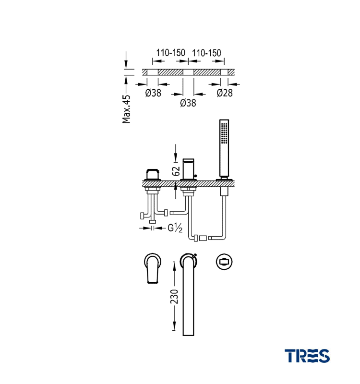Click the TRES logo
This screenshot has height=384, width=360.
point(307,356)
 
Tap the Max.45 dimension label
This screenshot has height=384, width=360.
point(126,109)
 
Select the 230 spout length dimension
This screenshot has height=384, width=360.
point(174,297)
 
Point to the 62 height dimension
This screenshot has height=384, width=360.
point(176,171)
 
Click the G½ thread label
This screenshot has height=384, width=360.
point(175,228)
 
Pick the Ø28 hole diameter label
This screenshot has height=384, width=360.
point(225,93)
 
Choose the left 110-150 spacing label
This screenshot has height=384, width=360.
point(171,53)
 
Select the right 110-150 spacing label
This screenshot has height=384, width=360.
point(206,53)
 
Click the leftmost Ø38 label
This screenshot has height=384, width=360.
point(153,93)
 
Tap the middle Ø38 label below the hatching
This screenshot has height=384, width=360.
point(188,103)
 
